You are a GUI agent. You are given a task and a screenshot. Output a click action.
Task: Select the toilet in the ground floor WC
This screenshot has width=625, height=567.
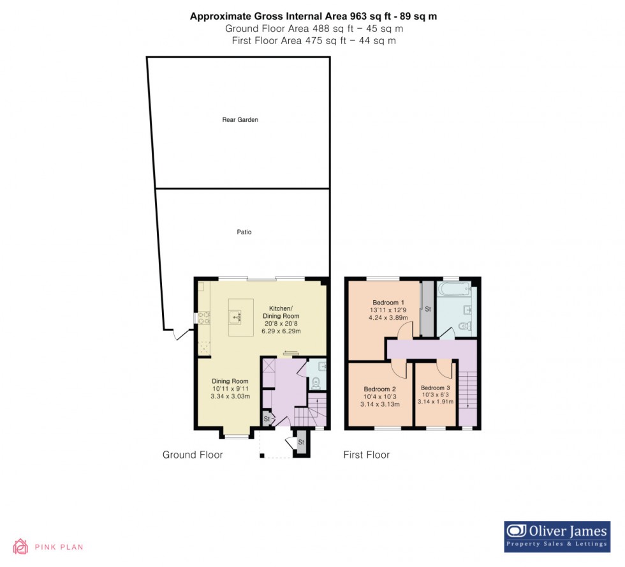(x=316, y=382)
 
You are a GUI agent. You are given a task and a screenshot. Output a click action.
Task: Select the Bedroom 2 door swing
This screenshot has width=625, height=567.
(x=397, y=368)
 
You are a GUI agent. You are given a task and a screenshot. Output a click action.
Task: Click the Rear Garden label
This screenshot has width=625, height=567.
(x=240, y=119)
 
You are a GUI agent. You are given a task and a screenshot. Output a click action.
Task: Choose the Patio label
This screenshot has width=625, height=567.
(x=244, y=232)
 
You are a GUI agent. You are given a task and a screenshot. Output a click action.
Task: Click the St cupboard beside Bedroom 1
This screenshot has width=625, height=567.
(x=427, y=310)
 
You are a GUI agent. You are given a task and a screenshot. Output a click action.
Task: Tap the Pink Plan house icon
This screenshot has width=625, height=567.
(x=21, y=547)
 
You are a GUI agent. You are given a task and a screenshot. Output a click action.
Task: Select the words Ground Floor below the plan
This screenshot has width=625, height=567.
(x=193, y=455)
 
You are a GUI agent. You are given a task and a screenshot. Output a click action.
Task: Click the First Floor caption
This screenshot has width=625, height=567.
(x=366, y=455)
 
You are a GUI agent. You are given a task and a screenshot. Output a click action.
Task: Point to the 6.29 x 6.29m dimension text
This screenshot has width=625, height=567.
(x=281, y=331)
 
